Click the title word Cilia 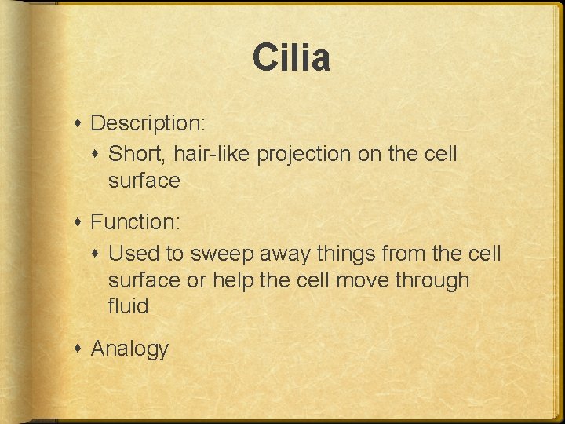(x=291, y=59)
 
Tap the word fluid (x=128, y=305)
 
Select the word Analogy (x=129, y=349)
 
